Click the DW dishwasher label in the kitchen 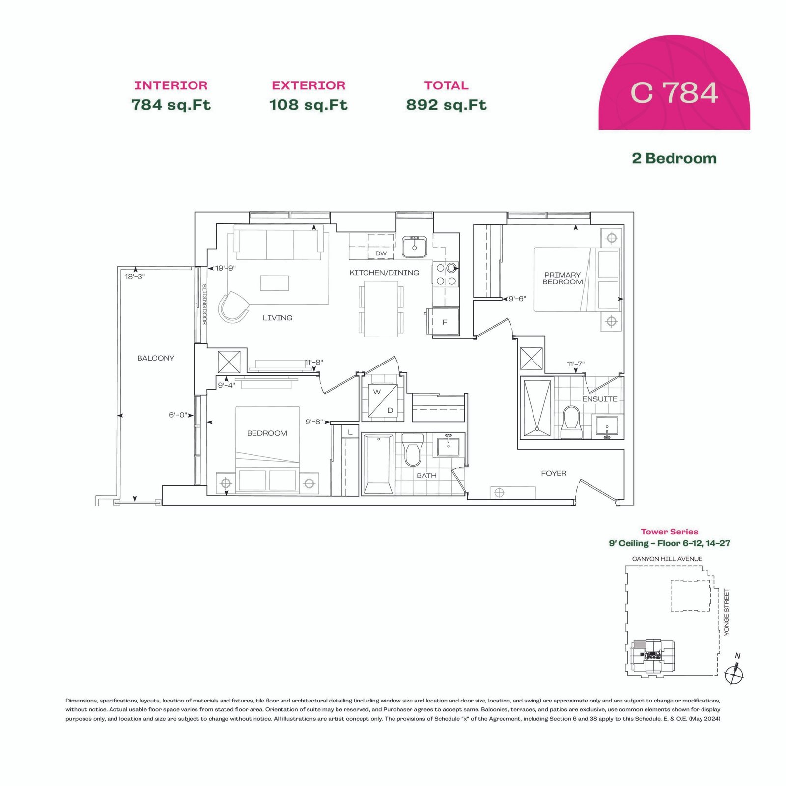[381, 253]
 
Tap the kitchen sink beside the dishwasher [414, 247]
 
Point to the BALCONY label [156, 358]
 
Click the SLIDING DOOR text [204, 304]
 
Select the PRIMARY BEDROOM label [562, 278]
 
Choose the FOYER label [554, 473]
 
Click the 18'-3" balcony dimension [135, 277]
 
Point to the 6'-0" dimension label [178, 415]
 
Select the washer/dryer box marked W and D [383, 400]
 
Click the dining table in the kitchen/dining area [381, 309]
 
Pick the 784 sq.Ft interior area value [171, 105]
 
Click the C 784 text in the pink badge [674, 92]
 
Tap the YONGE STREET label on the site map [727, 612]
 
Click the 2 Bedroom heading [674, 158]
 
